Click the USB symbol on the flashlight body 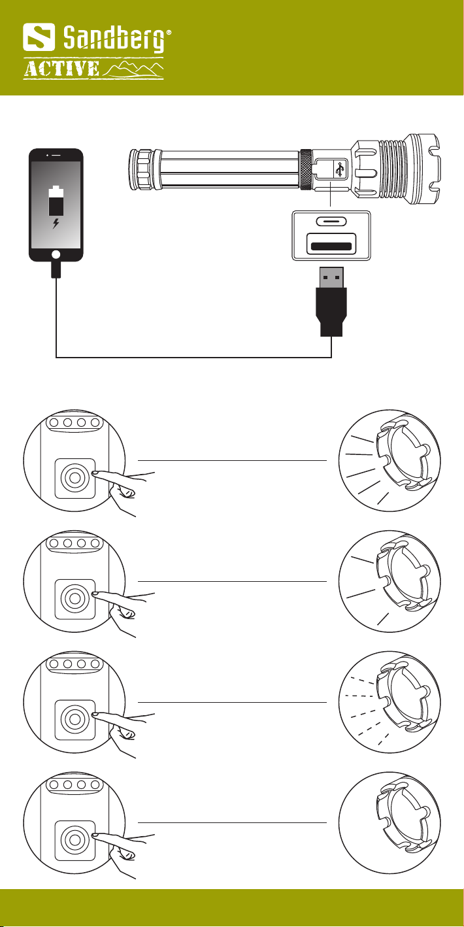point(339,170)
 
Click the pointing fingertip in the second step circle point(95,594)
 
